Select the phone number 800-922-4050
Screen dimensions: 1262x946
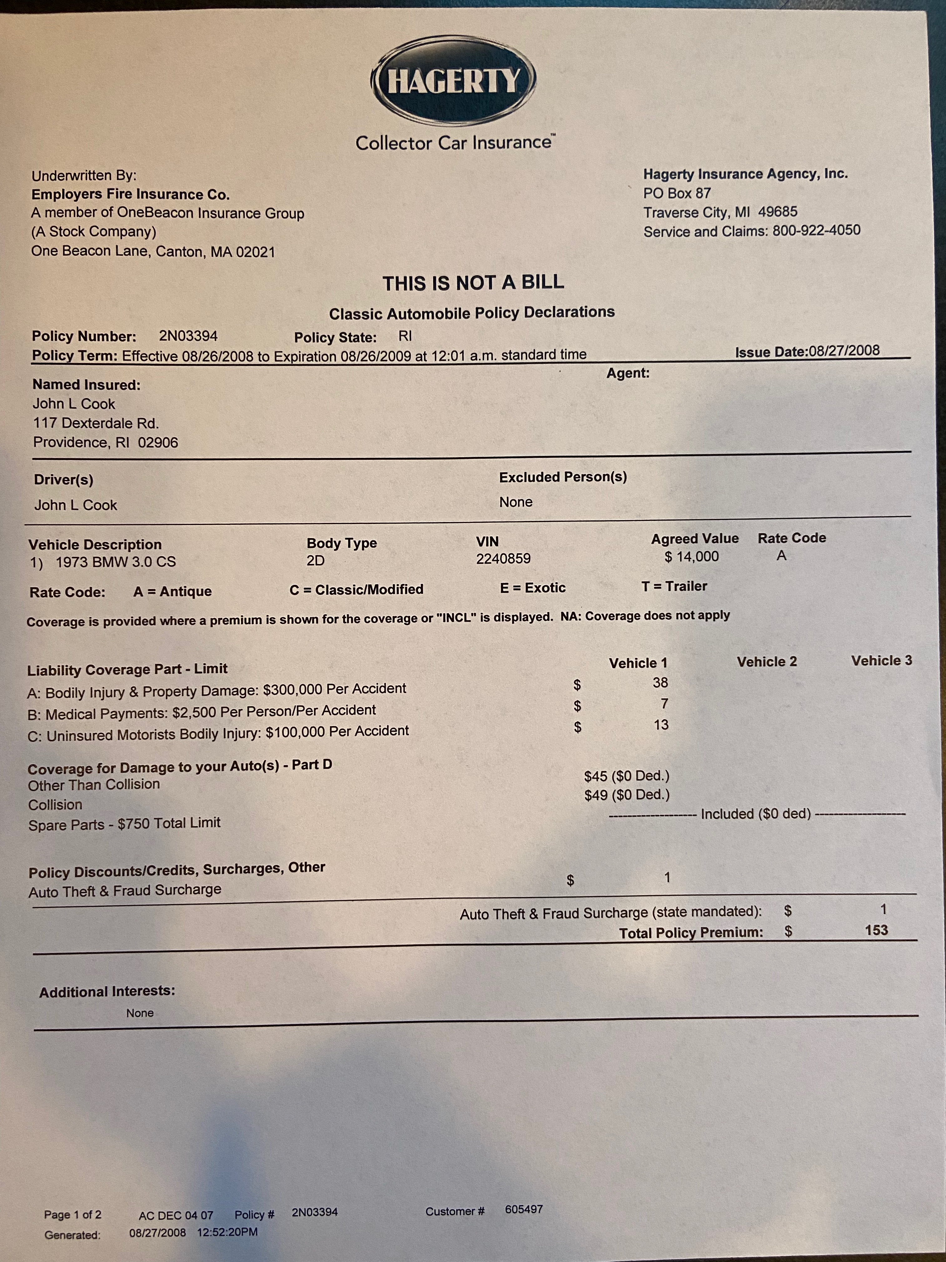click(x=816, y=230)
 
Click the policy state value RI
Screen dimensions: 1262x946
click(x=405, y=336)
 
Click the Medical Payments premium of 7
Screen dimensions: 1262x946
click(x=664, y=704)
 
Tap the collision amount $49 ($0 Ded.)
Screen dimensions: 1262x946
click(x=627, y=795)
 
